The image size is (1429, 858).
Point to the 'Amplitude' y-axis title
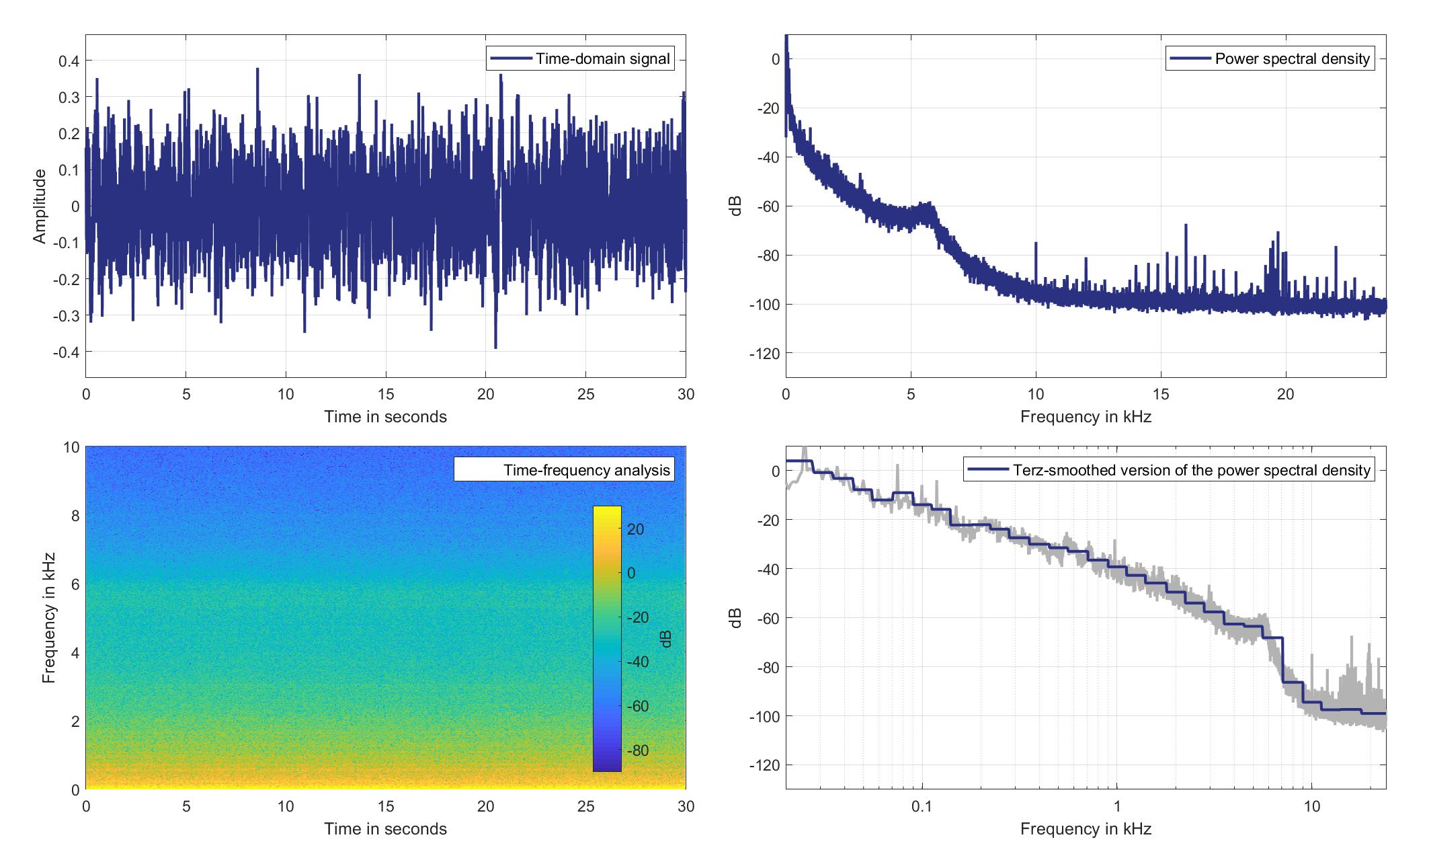(x=40, y=206)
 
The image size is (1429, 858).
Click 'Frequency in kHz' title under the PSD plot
(x=1086, y=417)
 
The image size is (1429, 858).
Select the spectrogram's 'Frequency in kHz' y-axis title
(x=48, y=618)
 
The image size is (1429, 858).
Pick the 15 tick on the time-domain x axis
(x=386, y=394)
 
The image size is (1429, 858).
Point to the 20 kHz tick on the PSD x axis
(x=1286, y=394)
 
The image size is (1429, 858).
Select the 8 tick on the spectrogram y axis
(x=74, y=516)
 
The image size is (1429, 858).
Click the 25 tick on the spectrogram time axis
(x=585, y=806)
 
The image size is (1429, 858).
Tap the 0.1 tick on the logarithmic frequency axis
(x=922, y=806)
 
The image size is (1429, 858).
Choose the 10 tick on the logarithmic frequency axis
(x=1312, y=806)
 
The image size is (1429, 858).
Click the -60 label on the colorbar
(x=636, y=706)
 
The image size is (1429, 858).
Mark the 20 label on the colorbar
(x=636, y=530)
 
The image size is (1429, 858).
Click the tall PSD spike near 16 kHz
(x=1186, y=226)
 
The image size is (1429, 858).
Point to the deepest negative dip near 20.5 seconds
(x=495, y=347)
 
